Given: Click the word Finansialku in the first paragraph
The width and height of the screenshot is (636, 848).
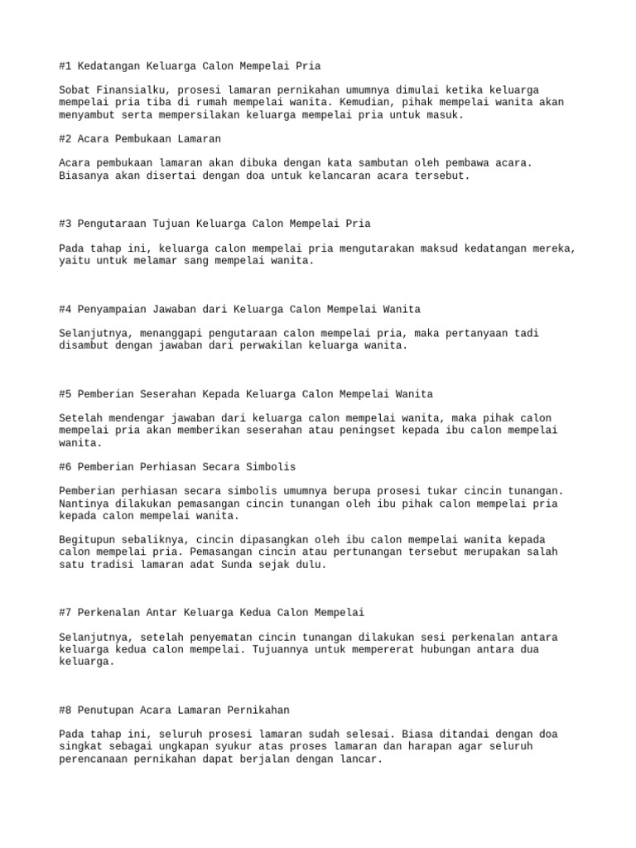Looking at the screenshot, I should coord(129,89).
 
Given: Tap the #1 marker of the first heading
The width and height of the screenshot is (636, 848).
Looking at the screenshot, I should coord(65,65).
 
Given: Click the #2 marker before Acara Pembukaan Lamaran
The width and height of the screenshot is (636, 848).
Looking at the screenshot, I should coord(65,138).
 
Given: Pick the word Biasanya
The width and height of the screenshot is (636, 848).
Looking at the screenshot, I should coord(84,176).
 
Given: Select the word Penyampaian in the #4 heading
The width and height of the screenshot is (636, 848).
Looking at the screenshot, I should coord(111,309).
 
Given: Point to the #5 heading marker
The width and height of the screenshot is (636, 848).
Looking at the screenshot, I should coord(65,393).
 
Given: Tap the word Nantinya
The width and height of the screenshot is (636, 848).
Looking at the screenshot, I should coord(84,503).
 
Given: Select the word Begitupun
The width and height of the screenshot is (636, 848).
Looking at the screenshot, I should coord(87,539).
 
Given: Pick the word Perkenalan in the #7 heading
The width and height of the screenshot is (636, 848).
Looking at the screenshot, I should coord(108,612).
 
